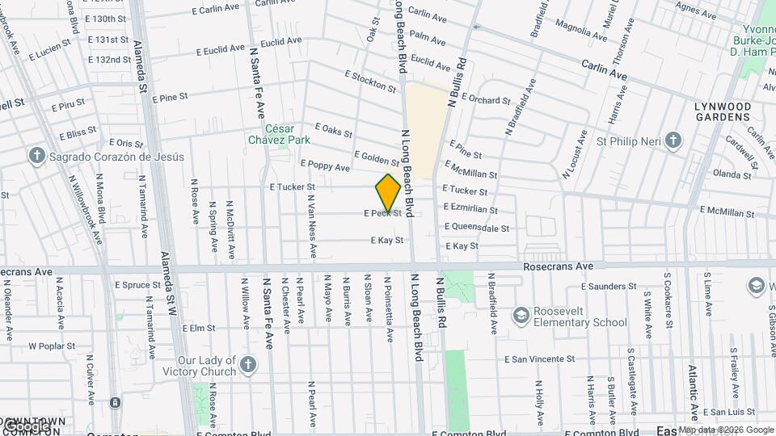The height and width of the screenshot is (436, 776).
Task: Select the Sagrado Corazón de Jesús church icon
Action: click(x=36, y=157)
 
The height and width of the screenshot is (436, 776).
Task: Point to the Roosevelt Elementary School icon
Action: click(x=522, y=313)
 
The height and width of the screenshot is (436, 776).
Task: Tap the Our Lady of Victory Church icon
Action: click(x=247, y=366)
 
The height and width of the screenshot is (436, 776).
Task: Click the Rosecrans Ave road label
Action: click(x=558, y=266)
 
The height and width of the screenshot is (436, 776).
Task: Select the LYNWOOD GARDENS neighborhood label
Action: click(x=723, y=111)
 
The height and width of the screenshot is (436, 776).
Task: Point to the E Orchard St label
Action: click(x=480, y=101)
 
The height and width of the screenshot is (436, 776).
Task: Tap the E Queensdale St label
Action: click(x=477, y=228)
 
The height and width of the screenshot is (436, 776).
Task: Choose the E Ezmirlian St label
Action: click(x=470, y=209)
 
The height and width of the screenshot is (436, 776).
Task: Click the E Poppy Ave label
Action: click(x=325, y=166)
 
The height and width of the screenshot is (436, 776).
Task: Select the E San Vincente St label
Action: click(x=541, y=358)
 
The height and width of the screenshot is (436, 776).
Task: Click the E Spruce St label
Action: click(x=138, y=285)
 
